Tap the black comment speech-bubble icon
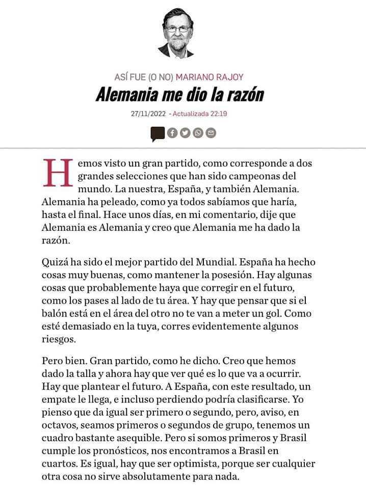(x=158, y=134)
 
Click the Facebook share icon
(x=172, y=133)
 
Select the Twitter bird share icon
(x=185, y=133)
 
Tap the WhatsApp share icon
(x=198, y=133)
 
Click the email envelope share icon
(x=211, y=133)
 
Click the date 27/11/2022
(x=148, y=114)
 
